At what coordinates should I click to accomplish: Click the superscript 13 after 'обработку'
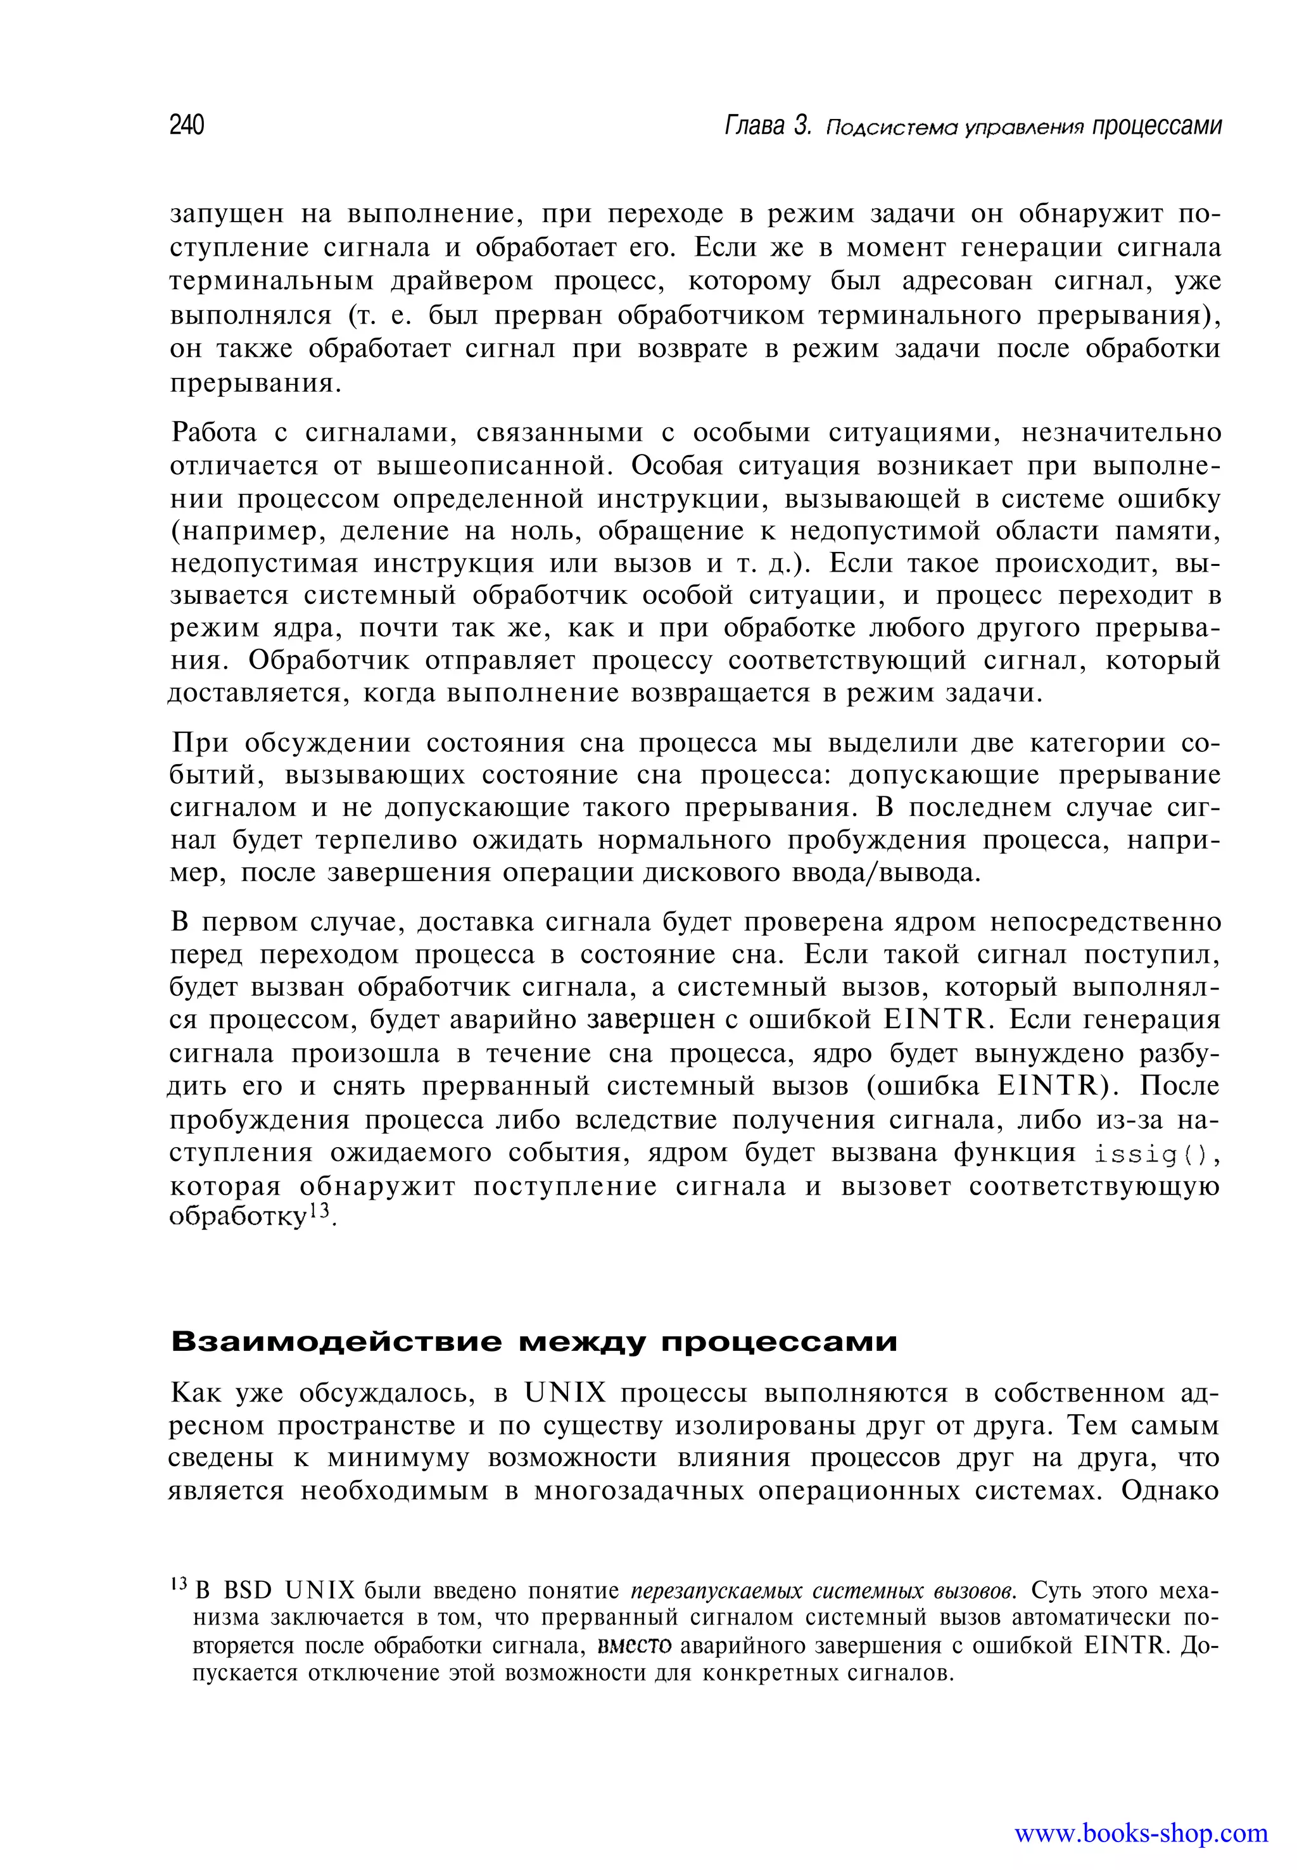click(321, 1210)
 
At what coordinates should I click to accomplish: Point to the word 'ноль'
click(546, 530)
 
